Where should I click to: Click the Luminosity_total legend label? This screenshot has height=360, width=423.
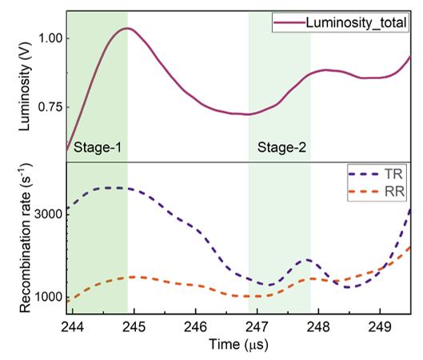(x=356, y=22)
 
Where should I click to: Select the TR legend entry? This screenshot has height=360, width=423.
(x=376, y=174)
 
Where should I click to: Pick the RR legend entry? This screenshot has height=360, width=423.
(x=377, y=192)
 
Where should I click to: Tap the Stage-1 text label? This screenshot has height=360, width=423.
(x=98, y=148)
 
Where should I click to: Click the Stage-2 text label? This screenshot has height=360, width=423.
(x=282, y=148)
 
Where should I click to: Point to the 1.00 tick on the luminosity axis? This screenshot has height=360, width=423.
(x=51, y=38)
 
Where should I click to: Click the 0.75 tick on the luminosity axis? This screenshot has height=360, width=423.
(x=50, y=107)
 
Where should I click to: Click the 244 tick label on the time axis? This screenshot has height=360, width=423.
(x=73, y=327)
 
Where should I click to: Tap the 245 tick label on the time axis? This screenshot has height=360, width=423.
(x=134, y=327)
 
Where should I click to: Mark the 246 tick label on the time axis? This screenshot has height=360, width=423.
(x=196, y=327)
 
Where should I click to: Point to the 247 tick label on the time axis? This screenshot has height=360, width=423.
(x=257, y=327)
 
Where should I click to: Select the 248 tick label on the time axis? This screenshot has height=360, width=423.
(x=318, y=327)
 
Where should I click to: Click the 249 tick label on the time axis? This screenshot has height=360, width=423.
(x=380, y=327)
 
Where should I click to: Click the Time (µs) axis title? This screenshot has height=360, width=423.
(x=239, y=345)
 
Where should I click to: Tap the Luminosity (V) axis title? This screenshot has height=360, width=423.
(x=25, y=87)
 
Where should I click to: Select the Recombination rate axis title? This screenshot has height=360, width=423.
(x=26, y=238)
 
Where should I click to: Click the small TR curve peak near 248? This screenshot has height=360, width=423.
(x=307, y=260)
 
